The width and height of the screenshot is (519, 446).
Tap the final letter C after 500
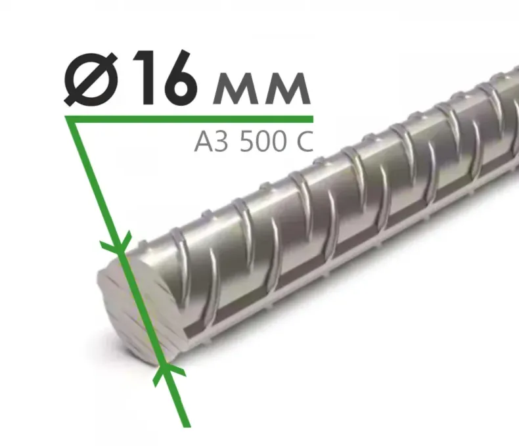[304, 141]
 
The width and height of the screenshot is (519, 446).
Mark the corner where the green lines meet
[68, 119]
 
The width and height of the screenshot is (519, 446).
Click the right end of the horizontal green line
[311, 119]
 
